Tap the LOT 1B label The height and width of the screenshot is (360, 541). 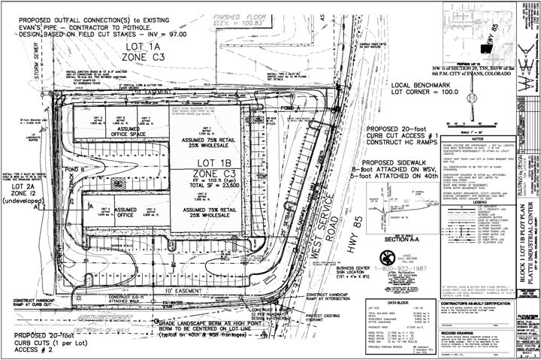tap(195, 164)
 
